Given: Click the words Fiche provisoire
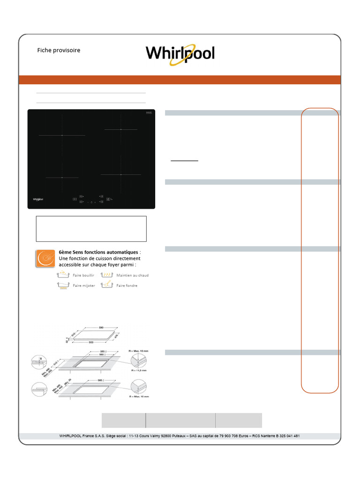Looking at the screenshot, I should [x=59, y=50].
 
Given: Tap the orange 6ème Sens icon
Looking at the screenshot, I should [x=45, y=259].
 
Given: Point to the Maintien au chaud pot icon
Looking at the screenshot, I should [x=107, y=275].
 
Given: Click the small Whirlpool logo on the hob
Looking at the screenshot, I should [x=39, y=199].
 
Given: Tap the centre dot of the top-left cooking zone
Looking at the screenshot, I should [x=62, y=135].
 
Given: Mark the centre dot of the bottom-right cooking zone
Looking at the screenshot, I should [x=121, y=174].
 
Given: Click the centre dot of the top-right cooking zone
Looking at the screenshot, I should [x=121, y=129].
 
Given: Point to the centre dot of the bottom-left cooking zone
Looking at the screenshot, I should [x=62, y=178].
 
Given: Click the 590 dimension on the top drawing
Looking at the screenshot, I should [x=100, y=328].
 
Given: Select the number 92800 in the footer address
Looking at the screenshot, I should [x=170, y=436].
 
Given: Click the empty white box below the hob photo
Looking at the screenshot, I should [x=91, y=229].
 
